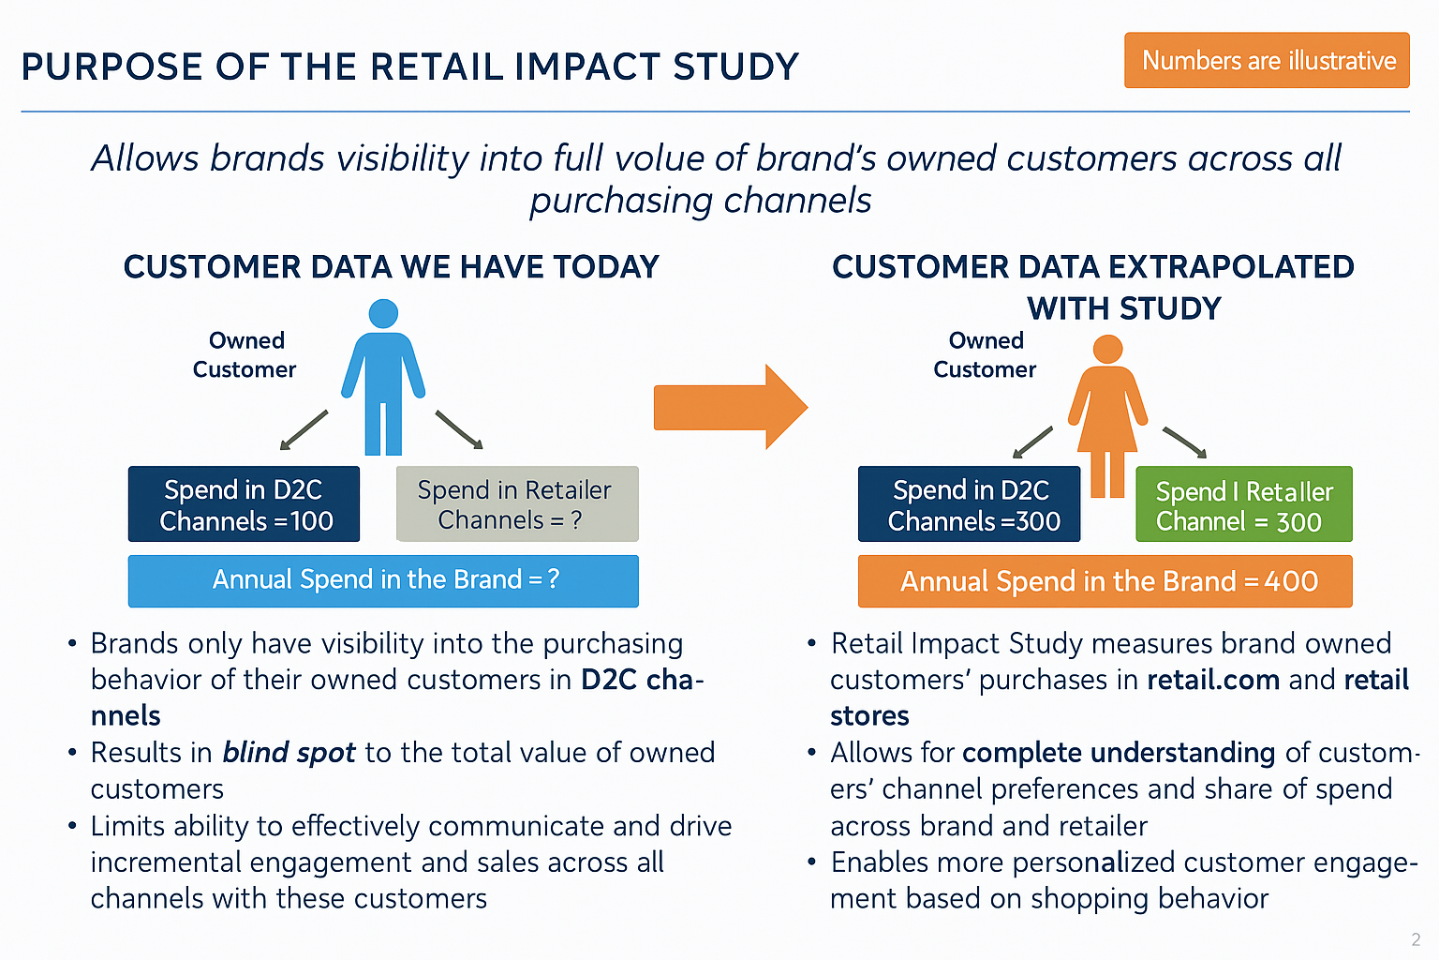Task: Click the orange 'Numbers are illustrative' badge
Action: point(1267,60)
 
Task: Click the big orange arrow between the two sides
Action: point(729,407)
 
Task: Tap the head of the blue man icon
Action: point(383,314)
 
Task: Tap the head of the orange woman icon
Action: point(1107,350)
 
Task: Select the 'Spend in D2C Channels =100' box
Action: point(244,504)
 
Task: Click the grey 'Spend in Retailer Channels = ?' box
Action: point(517,504)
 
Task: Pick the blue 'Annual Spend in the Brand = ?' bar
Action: point(383,580)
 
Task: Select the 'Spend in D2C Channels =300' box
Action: point(969,504)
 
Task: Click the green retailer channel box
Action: point(1243,505)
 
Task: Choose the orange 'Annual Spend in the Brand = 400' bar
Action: point(1105,581)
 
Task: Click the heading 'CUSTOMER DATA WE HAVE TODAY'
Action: point(391,267)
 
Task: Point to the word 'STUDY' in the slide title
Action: point(735,67)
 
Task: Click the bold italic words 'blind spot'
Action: point(289,753)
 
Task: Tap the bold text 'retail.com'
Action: point(1212,680)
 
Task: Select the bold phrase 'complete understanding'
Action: point(1118,753)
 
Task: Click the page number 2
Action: point(1416,939)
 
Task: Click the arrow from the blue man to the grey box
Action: point(459,430)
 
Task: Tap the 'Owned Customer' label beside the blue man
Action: point(245,355)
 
